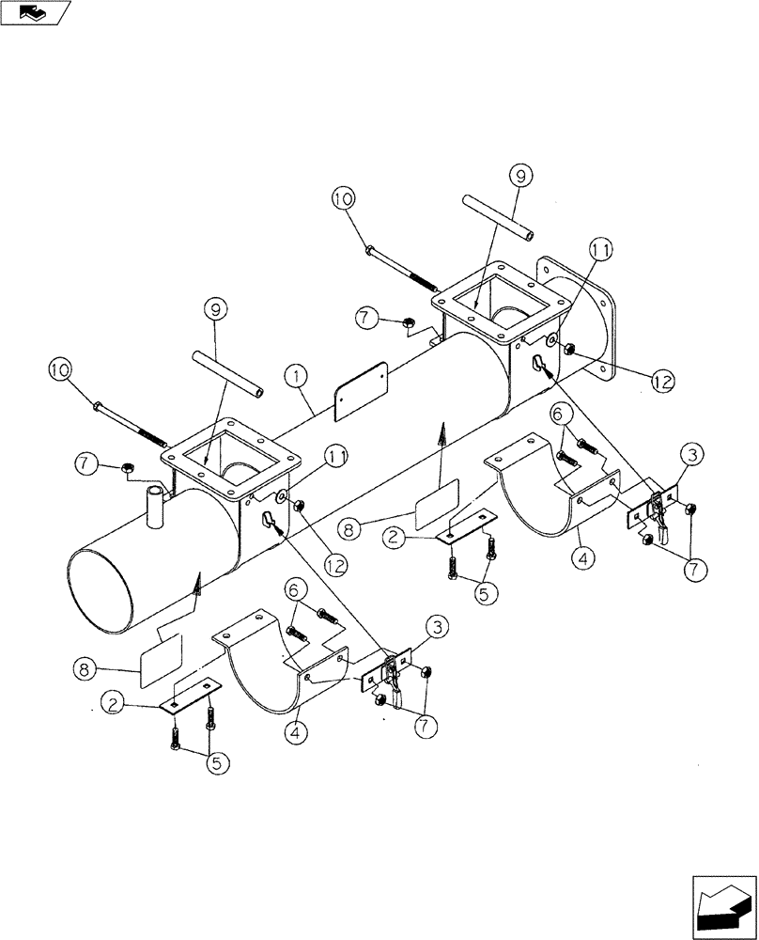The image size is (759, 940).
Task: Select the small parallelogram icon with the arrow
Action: [36, 12]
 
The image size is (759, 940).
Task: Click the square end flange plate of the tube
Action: [575, 315]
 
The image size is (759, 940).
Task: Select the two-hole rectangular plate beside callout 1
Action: [363, 390]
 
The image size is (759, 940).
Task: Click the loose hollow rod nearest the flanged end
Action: [499, 218]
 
